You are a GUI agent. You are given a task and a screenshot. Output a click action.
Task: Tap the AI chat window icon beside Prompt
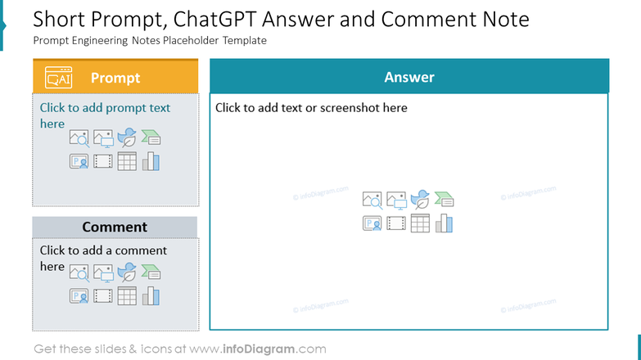(58, 77)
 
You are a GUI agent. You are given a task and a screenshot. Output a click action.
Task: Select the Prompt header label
(115, 78)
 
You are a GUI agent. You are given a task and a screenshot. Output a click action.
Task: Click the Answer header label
(409, 77)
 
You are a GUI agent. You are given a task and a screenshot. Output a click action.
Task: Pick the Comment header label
(115, 227)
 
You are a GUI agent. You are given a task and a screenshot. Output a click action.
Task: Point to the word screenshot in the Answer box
(351, 107)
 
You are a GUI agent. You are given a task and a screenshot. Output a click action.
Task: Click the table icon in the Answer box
(420, 223)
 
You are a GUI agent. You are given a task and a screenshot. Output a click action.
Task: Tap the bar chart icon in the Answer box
(444, 223)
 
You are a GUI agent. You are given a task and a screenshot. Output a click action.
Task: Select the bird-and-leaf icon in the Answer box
(420, 200)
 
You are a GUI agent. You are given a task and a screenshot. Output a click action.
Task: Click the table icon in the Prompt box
(127, 161)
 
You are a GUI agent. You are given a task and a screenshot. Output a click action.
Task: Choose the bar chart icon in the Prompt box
(151, 161)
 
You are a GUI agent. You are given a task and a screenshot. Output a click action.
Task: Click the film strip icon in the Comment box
(103, 295)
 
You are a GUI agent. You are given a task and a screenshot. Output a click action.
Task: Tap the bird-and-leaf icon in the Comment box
(127, 272)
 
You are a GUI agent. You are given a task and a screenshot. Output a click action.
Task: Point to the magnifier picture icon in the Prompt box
(79, 138)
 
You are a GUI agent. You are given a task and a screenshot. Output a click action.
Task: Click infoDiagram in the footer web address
(259, 349)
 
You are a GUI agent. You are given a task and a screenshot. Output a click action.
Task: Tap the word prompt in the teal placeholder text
(120, 108)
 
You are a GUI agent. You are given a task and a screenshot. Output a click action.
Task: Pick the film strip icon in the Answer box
(396, 223)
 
